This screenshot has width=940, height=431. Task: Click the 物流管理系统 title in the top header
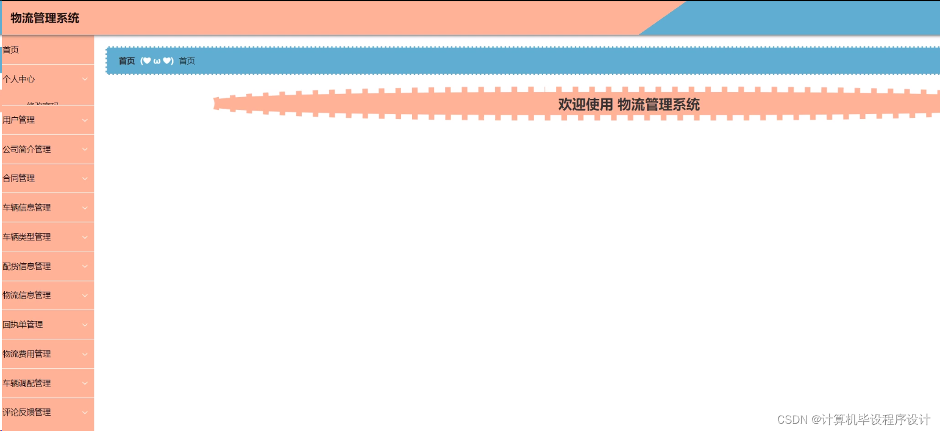(45, 18)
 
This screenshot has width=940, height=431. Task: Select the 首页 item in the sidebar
(11, 50)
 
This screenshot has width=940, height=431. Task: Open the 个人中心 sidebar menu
(19, 79)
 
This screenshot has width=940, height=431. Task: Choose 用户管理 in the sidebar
(19, 120)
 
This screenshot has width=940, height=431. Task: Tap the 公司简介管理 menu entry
(27, 150)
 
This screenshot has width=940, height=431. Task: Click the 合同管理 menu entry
(19, 178)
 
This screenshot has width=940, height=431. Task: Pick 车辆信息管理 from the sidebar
(27, 208)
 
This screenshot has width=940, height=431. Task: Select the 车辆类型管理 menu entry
(27, 237)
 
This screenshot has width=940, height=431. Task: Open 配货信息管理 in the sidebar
(27, 266)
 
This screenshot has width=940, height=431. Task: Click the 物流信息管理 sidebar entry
(27, 295)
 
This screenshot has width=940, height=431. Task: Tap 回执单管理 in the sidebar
(23, 325)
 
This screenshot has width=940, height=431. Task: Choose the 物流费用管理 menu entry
(27, 354)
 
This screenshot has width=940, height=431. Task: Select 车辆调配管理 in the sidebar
(27, 383)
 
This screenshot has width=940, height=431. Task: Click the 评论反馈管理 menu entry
(27, 413)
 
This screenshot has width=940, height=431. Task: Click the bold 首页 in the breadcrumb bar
(127, 61)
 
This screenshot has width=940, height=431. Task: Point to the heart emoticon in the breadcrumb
(157, 61)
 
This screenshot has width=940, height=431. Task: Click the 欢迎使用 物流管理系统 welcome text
(628, 104)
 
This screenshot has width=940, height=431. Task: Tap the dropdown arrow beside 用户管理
(85, 120)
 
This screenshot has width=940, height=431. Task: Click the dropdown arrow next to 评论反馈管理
(85, 413)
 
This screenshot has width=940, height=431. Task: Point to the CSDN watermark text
(853, 419)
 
